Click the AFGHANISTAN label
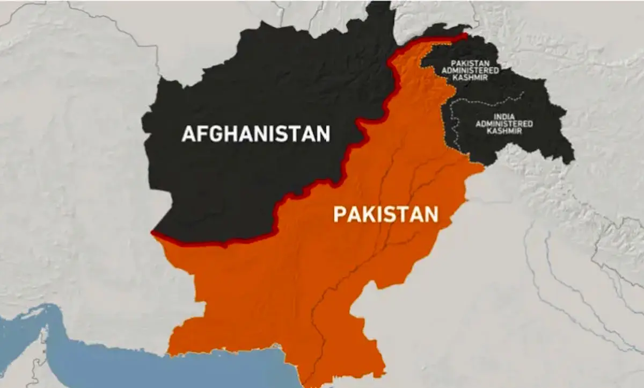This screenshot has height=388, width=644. pos(255,134)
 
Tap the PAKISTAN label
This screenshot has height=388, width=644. pos(386,214)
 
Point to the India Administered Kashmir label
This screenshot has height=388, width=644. pos(504,124)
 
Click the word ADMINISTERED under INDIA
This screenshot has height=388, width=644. pos(504,124)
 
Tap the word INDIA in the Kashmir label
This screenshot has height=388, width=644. pos(504,116)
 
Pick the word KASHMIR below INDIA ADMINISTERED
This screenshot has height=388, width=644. pos(504,132)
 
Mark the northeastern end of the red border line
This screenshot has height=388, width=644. pos(466,35)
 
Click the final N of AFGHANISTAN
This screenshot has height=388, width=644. pos(323,134)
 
